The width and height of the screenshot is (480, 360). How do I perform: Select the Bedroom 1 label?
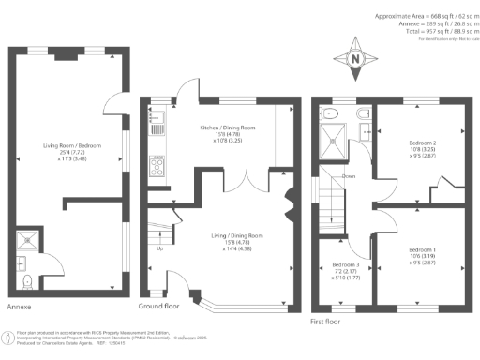[x=422, y=249]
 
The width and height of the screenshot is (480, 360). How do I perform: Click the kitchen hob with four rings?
[x=157, y=165]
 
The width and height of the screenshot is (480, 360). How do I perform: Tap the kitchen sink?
[x=157, y=119]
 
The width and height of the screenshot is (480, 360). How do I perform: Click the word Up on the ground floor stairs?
[x=160, y=247]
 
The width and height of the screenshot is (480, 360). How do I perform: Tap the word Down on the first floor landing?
[x=349, y=175]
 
